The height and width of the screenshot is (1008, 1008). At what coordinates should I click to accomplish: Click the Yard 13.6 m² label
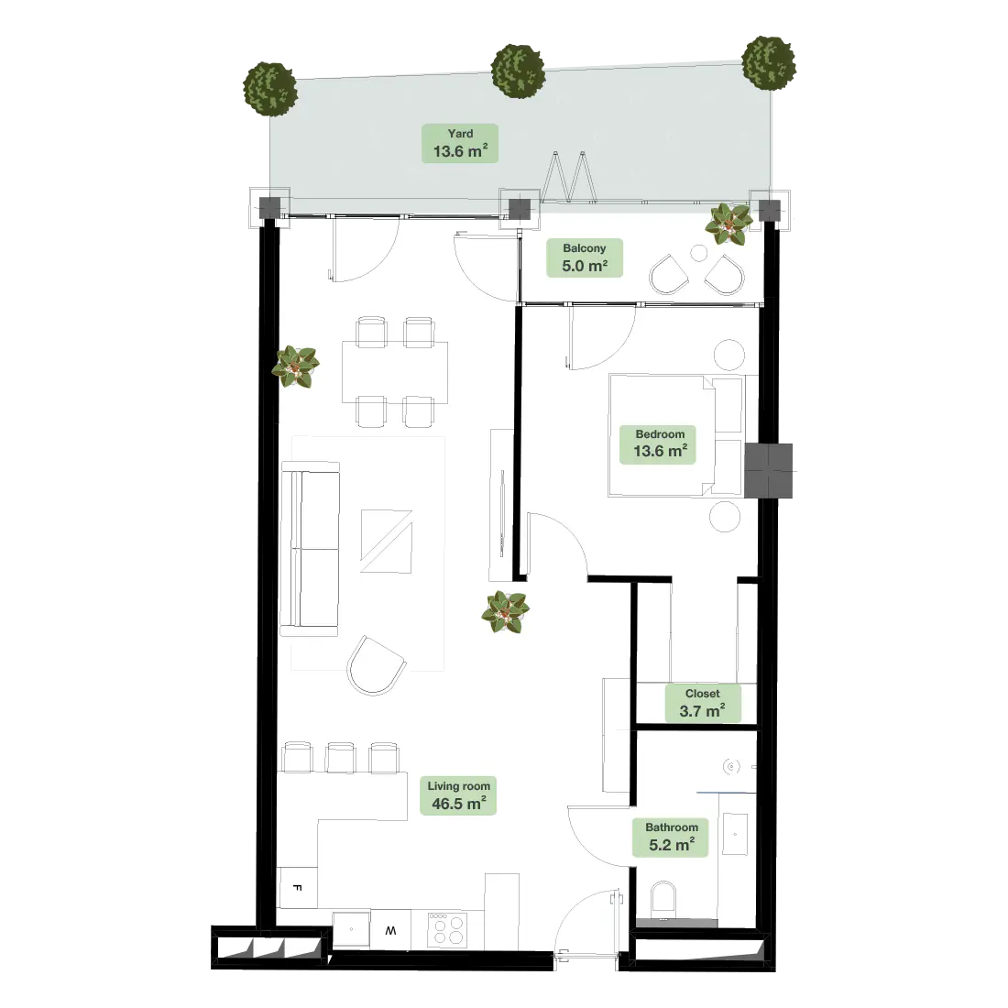click(460, 143)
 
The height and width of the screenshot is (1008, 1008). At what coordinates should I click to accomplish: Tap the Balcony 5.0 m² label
click(585, 257)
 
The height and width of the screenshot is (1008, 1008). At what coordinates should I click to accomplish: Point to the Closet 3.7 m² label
click(702, 703)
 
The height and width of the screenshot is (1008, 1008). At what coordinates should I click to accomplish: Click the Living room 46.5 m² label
click(458, 795)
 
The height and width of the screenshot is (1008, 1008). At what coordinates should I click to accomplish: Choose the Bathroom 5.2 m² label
click(671, 837)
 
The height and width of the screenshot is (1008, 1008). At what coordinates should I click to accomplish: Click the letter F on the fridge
click(297, 888)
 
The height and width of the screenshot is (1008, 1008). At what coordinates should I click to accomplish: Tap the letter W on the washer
click(391, 930)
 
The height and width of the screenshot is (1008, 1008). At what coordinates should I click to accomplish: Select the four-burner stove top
click(447, 929)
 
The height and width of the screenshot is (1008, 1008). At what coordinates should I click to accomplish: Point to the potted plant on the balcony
click(729, 223)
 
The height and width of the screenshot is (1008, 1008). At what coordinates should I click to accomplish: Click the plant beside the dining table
click(295, 367)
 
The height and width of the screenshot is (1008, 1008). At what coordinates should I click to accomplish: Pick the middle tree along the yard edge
click(518, 71)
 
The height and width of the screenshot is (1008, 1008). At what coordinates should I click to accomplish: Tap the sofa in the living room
click(310, 548)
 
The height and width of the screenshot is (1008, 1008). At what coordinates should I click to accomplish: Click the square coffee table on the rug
click(386, 541)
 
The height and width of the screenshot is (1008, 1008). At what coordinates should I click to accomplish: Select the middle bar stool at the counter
click(340, 757)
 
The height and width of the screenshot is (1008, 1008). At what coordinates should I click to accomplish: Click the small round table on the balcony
click(699, 253)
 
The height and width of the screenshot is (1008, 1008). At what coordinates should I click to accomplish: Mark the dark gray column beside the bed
click(768, 471)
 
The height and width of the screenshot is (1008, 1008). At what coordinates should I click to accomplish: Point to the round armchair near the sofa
click(376, 666)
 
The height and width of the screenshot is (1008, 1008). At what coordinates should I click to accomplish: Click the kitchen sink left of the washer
click(351, 929)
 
